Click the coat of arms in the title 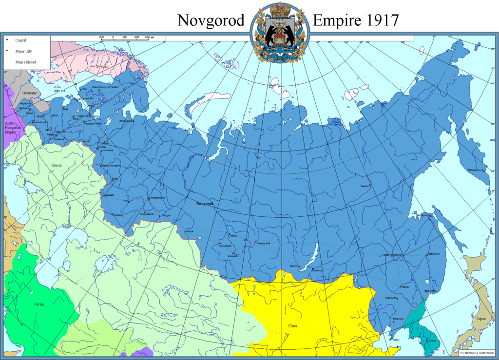[279, 32]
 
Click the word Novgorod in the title [211, 20]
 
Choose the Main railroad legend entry [25, 62]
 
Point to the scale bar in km [125, 37]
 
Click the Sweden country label [102, 66]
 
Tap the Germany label [29, 93]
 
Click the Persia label [39, 304]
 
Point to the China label [292, 326]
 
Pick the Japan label [480, 319]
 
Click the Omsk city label [190, 231]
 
